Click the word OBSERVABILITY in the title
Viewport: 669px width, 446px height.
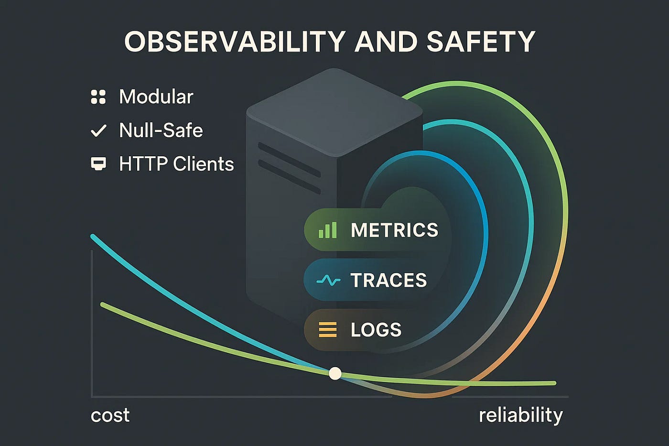234,42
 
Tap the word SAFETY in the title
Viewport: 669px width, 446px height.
481,42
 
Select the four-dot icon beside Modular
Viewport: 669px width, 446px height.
98,97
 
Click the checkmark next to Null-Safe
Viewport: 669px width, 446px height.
98,131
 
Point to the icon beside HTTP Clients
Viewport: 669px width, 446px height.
98,164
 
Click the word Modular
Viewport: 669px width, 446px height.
156,97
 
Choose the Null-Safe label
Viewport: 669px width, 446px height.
161,131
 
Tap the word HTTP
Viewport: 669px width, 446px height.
143,164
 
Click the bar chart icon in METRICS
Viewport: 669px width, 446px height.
328,230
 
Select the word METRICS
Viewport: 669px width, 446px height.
394,230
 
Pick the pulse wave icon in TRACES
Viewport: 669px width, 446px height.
328,280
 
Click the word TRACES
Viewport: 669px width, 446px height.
388,280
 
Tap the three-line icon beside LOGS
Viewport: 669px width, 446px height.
328,330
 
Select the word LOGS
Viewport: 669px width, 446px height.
376,330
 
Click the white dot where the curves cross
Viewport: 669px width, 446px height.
335,373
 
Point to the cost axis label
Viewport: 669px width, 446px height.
110,415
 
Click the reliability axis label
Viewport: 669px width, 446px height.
521,415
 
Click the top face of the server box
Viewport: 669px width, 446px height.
334,110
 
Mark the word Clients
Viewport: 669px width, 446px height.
203,164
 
